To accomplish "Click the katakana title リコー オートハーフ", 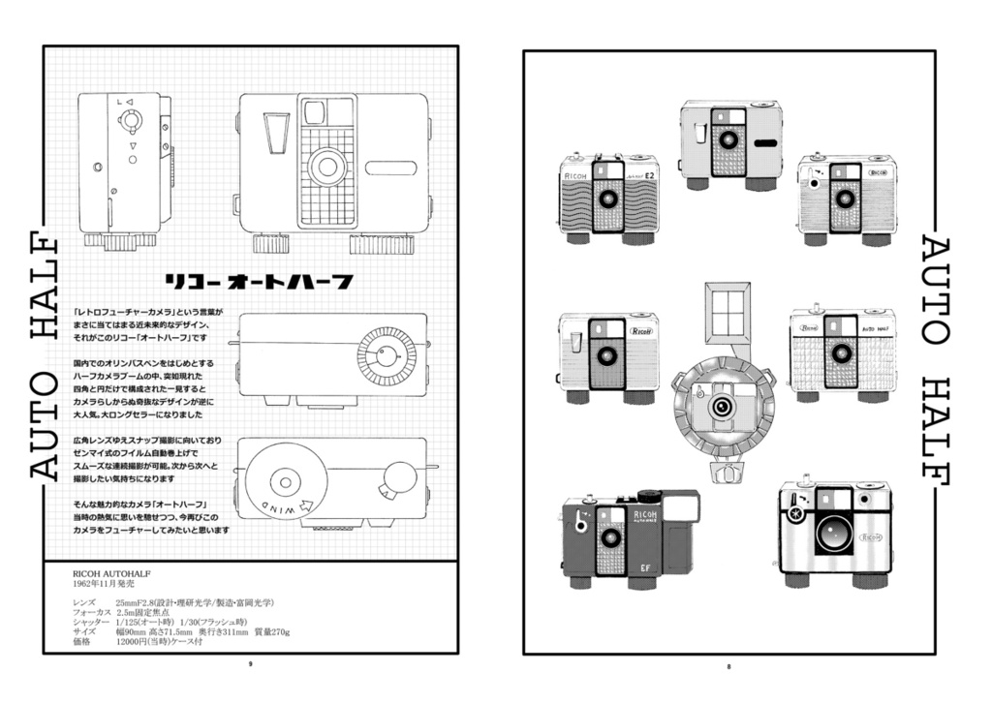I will pos(258,283).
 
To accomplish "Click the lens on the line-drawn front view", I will pos(326,167).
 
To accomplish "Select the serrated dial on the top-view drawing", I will pos(386,355).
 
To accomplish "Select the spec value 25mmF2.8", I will pos(139,602).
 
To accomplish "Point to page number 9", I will pos(250,664).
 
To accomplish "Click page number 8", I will pos(728,665).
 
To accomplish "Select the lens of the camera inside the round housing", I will pos(722,408).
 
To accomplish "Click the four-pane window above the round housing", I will pos(728,312).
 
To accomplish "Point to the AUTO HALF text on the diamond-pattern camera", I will pos(875,329).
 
